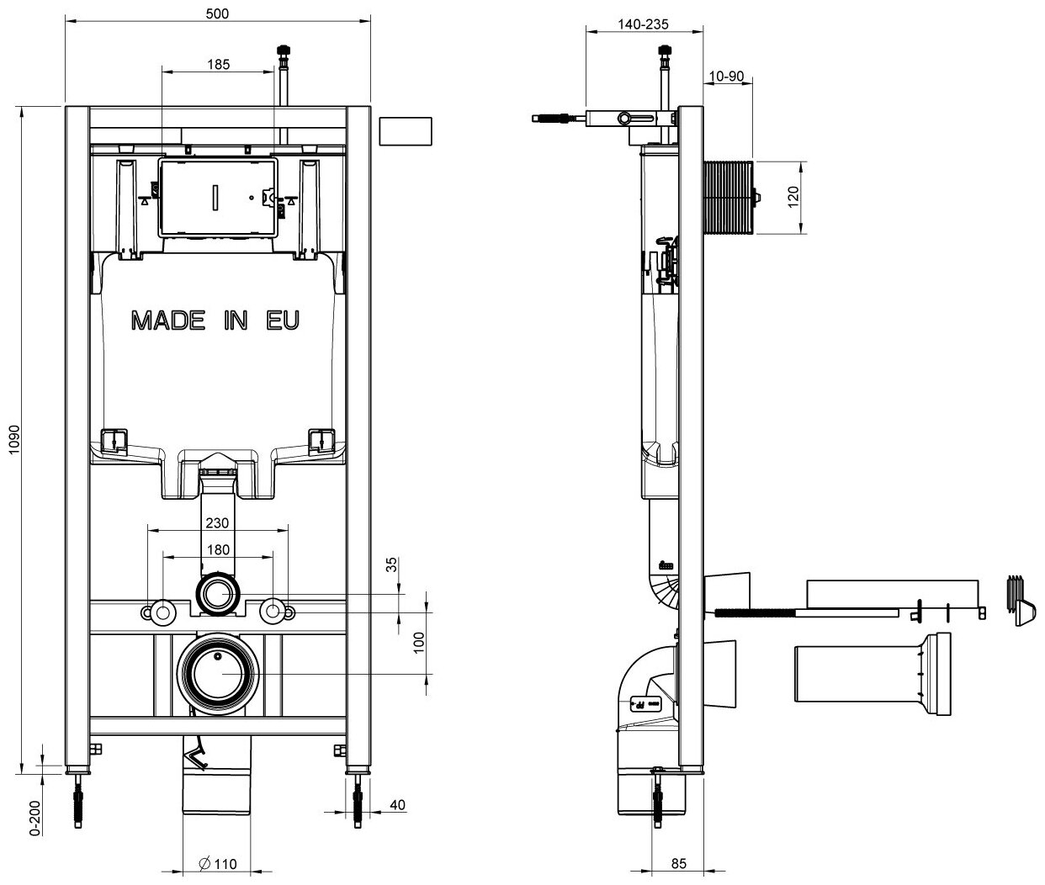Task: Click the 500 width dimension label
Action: pyautogui.click(x=217, y=13)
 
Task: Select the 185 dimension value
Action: pyautogui.click(x=217, y=63)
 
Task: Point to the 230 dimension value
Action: pyautogui.click(x=217, y=522)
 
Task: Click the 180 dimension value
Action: pyautogui.click(x=217, y=549)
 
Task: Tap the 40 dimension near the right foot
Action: pyautogui.click(x=397, y=805)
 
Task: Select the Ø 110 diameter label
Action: pyautogui.click(x=220, y=864)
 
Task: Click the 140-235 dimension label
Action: pyautogui.click(x=643, y=24)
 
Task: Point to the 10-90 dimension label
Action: pyautogui.click(x=726, y=76)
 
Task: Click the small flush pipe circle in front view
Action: pyautogui.click(x=218, y=595)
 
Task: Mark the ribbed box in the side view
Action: pyautogui.click(x=729, y=198)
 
